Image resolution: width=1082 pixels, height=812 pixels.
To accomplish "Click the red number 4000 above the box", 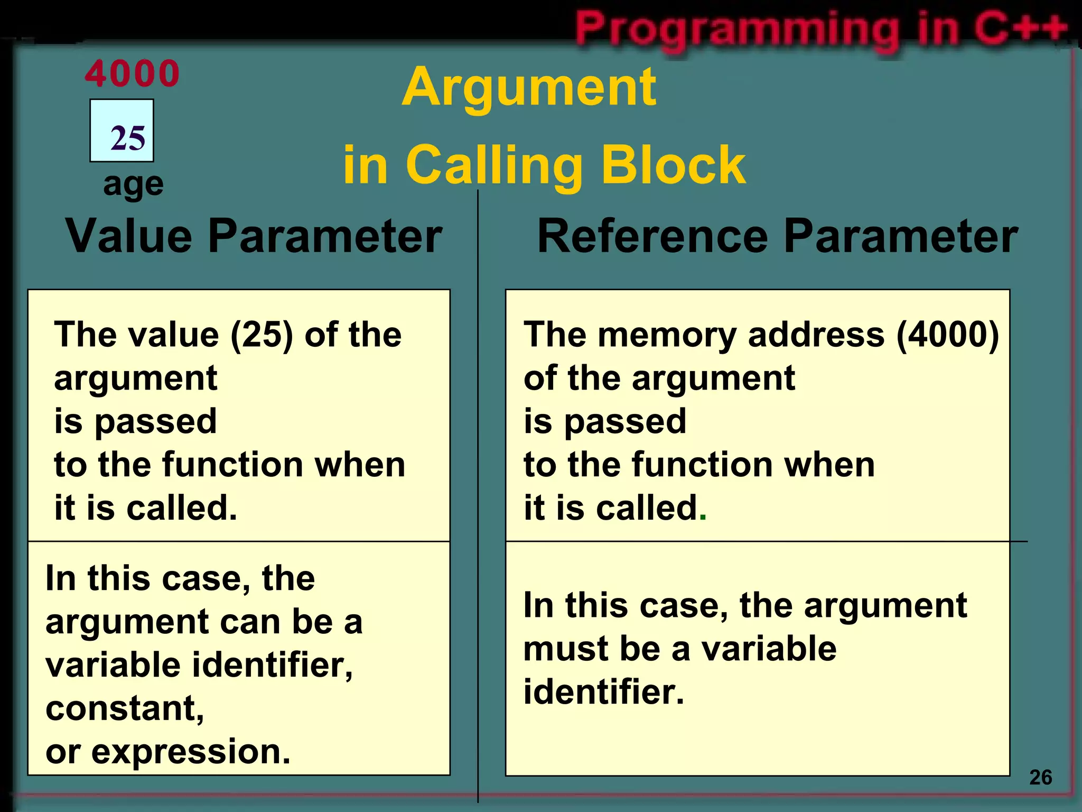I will (x=132, y=74).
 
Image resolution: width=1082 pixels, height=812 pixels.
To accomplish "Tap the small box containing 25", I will (x=122, y=131).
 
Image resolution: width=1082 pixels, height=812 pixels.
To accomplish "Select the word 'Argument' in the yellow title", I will (x=529, y=87).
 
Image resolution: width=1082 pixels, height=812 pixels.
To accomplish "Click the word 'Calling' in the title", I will (x=493, y=165).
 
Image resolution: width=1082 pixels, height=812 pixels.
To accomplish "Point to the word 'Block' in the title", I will (x=674, y=164).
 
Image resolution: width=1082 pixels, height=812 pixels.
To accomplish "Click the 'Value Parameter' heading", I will (x=254, y=236).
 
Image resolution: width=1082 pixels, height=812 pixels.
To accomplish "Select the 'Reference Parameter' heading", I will (x=777, y=236).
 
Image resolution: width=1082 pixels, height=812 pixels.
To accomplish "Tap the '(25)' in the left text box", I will (x=262, y=335).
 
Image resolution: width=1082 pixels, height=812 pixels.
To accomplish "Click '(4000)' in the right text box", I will (x=948, y=335).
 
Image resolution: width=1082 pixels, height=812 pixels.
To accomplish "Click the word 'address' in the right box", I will (x=816, y=335).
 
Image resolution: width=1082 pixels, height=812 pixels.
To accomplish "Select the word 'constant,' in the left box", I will (x=125, y=708).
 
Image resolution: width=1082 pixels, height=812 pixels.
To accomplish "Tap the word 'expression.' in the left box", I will (x=191, y=752).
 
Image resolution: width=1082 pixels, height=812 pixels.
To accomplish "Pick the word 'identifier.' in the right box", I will (x=603, y=692).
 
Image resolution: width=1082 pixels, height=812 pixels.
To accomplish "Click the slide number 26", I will (x=1040, y=778).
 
